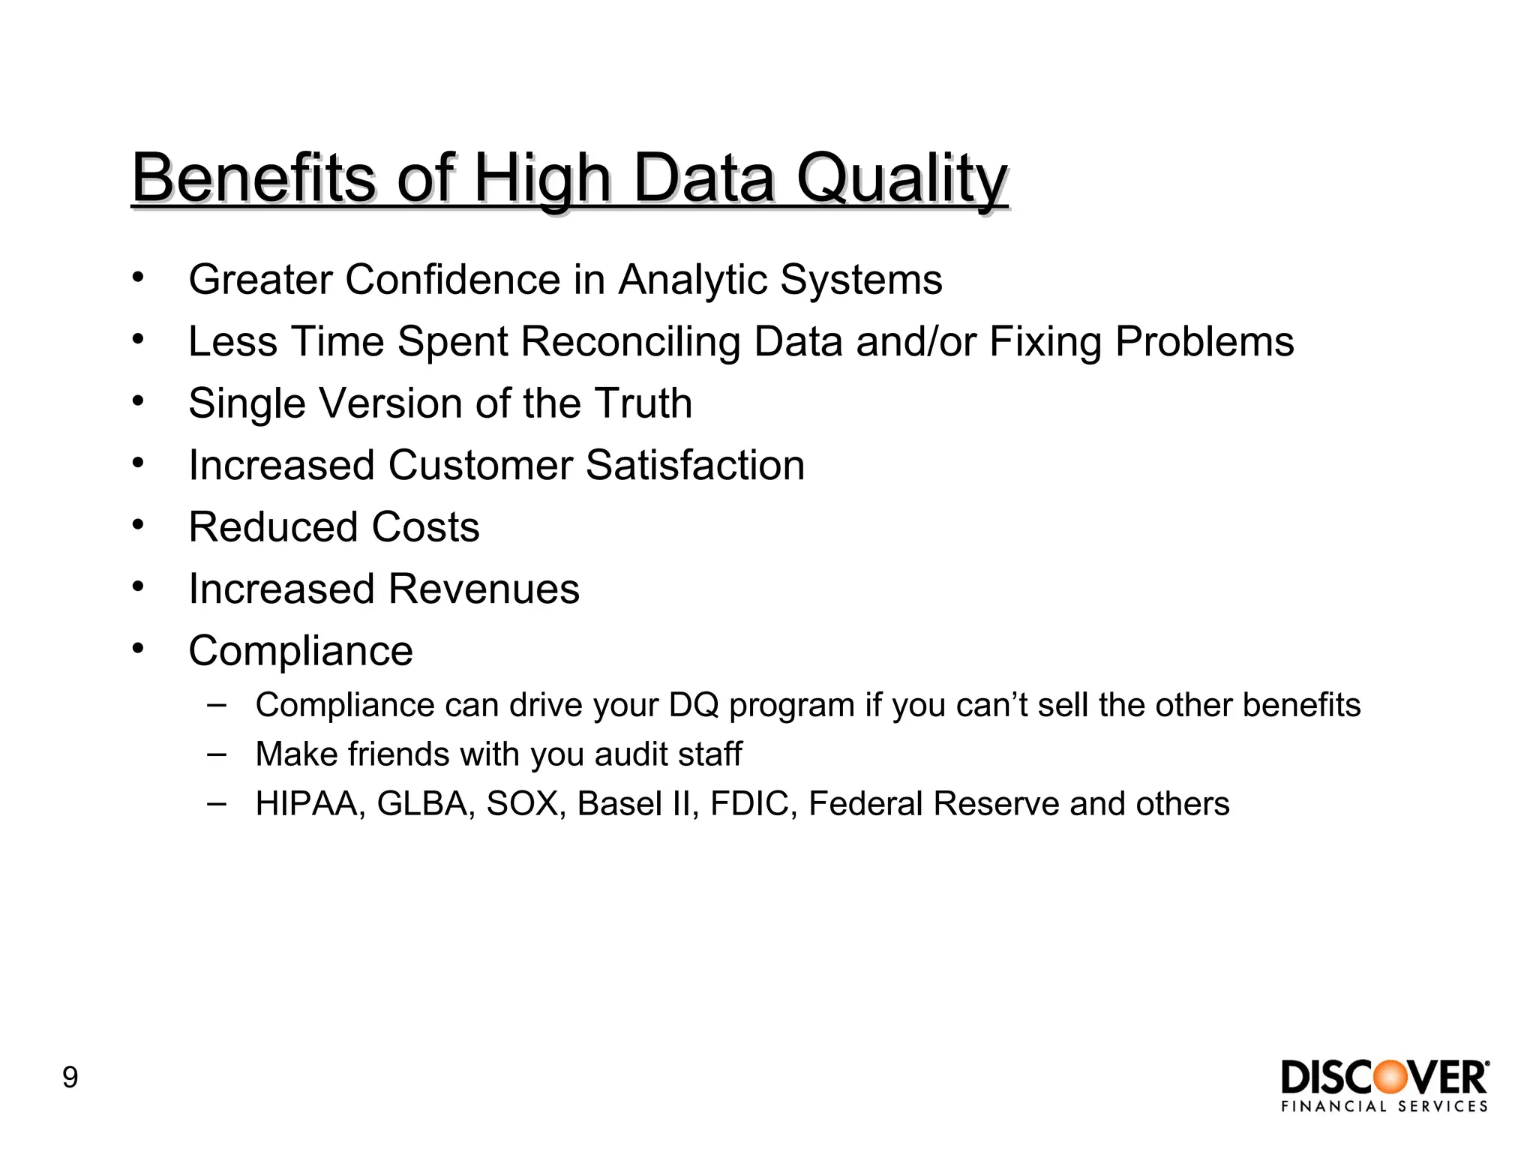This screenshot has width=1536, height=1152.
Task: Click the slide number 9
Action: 70,1078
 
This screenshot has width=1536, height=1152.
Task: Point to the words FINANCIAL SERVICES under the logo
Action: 1384,1106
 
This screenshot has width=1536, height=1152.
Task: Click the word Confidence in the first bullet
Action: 452,280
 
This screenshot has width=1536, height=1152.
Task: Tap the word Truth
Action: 643,403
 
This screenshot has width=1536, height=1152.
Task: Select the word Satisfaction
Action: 694,465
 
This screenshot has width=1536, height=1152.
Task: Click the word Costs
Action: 425,527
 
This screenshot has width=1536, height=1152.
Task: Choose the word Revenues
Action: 483,589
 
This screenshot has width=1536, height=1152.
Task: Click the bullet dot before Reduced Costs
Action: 137,524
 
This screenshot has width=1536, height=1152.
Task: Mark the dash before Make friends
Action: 217,753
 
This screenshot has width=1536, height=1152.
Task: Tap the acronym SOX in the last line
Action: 525,804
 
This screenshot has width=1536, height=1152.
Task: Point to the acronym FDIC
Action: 752,804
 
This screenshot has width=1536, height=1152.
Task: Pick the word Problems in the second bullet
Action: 1204,342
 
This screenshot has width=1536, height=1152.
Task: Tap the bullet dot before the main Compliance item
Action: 137,648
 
